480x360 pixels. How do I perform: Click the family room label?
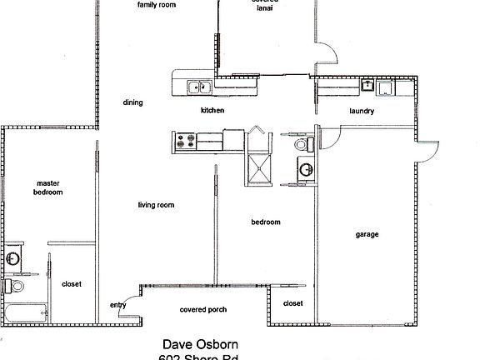pyautogui.click(x=156, y=4)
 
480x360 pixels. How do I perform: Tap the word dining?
pyautogui.click(x=132, y=103)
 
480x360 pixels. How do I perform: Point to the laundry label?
pyautogui.click(x=361, y=111)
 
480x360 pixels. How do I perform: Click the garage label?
pyautogui.click(x=367, y=234)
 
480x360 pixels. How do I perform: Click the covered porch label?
pyautogui.click(x=203, y=309)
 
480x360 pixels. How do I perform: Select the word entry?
pyautogui.click(x=117, y=305)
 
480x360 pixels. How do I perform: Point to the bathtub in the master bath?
pyautogui.click(x=22, y=315)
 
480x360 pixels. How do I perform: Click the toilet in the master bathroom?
pyautogui.click(x=12, y=285)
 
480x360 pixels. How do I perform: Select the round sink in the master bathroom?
pyautogui.click(x=12, y=259)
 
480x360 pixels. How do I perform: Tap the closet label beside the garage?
pyautogui.click(x=292, y=303)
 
